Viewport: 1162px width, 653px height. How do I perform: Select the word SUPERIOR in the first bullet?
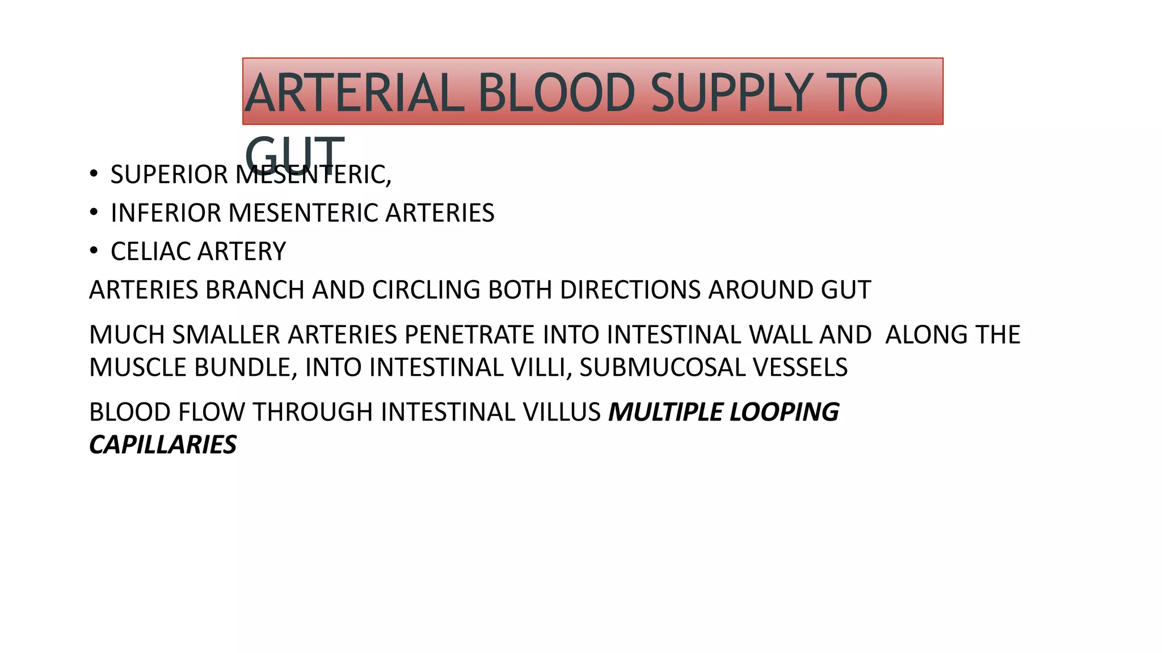(x=169, y=175)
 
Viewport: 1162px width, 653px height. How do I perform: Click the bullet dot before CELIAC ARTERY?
(x=94, y=251)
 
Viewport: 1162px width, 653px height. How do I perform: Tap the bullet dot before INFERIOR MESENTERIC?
(x=94, y=212)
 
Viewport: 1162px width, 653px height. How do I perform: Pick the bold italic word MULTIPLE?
(x=665, y=412)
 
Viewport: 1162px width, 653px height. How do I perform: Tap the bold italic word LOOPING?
(x=784, y=412)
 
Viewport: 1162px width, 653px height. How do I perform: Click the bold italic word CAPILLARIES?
(x=163, y=445)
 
